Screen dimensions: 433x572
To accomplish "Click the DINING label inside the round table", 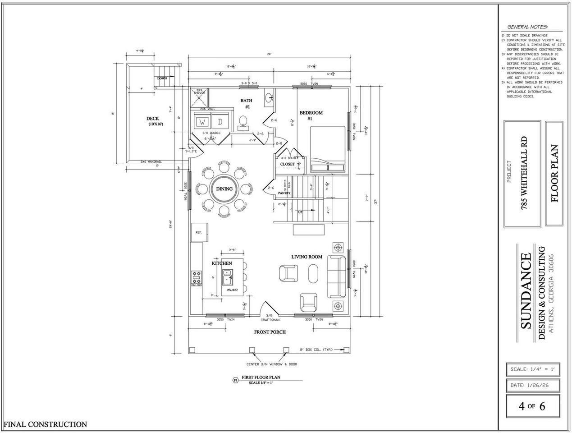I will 224,189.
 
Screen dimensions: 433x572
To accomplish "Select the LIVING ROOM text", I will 307,257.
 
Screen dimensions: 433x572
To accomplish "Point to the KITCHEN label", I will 222,263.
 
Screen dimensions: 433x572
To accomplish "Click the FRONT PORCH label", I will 270,332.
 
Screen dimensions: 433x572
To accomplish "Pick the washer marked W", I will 202,122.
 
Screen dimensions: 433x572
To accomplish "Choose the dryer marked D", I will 220,122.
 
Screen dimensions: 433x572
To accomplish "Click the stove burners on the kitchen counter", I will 197,278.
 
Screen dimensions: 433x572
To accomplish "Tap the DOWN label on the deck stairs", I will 162,78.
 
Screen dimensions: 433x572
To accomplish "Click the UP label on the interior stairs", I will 300,212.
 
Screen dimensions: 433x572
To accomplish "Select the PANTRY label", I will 284,193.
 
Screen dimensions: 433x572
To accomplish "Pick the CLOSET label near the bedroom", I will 287,164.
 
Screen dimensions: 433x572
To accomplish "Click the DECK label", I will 152,119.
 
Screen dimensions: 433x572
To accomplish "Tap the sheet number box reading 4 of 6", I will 532,405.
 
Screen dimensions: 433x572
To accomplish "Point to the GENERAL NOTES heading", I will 527,27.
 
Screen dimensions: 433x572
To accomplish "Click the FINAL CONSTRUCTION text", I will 45,424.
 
